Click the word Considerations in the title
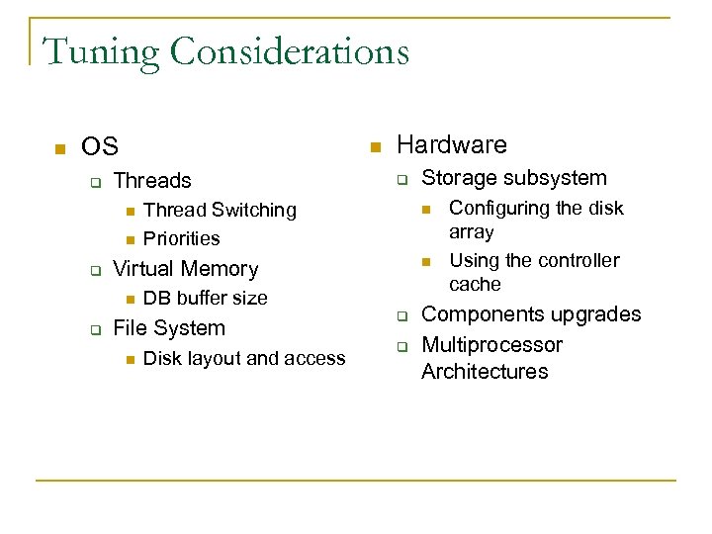(291, 50)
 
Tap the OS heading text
(100, 147)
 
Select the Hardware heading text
(451, 145)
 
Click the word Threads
(152, 180)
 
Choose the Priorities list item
(181, 238)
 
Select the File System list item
(169, 328)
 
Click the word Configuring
(495, 208)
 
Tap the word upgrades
(597, 314)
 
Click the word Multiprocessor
(491, 345)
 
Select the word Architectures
(485, 372)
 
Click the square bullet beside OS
(58, 149)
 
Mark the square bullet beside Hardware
(375, 147)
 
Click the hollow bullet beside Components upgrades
(402, 316)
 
